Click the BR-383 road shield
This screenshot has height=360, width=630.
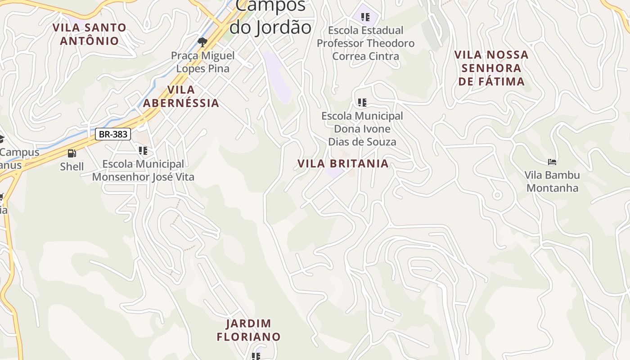coord(113,134)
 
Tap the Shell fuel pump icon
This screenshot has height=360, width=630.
coord(72,154)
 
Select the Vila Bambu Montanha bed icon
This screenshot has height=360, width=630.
coord(552,162)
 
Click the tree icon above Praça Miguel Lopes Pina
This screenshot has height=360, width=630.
coord(202,42)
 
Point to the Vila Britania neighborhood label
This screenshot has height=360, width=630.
coord(343,163)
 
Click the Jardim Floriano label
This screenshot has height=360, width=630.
coord(248,330)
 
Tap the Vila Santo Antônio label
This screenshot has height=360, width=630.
coord(90,34)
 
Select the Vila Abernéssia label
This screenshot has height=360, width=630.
coord(181,96)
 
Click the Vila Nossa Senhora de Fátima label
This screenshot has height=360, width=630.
coord(491,68)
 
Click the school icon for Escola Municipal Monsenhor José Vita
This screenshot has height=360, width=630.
coord(143,151)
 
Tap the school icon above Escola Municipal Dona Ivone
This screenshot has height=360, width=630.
coord(362,103)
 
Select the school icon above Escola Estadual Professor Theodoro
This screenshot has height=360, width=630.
coord(365,17)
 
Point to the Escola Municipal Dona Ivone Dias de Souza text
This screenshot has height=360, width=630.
coord(362,129)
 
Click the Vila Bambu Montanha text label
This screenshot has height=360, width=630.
coord(552,181)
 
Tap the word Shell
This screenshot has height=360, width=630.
coord(72,166)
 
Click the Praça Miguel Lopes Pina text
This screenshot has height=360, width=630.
coord(202,62)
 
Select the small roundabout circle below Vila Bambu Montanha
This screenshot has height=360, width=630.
coord(497,195)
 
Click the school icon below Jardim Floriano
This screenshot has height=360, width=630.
coord(256,356)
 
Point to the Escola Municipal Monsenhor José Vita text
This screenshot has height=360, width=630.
coord(143,171)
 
